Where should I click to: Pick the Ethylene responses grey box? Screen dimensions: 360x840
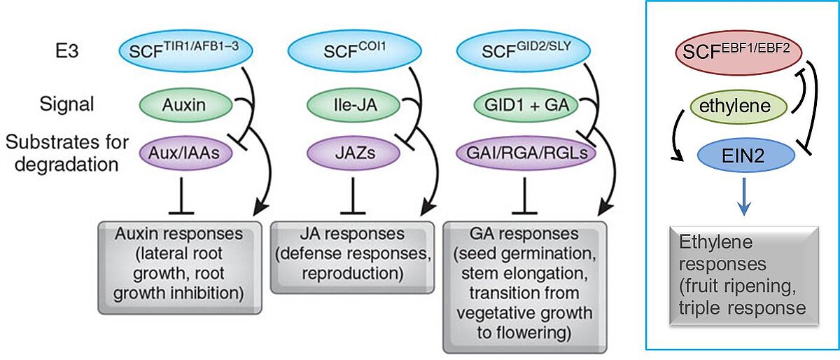(x=732, y=273)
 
